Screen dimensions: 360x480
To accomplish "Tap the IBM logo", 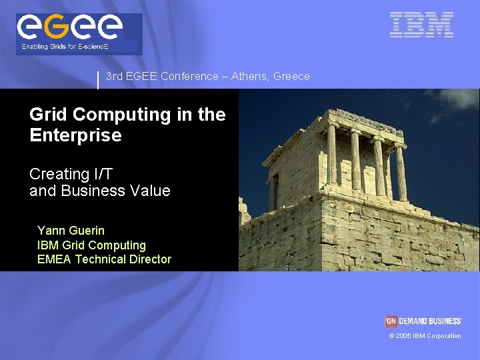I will [421, 25].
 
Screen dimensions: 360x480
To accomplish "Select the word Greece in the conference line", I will [291, 77].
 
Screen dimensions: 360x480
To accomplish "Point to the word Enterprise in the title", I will [75, 135].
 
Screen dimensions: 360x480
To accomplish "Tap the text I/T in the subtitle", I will [103, 174].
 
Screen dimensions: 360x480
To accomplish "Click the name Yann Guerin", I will [71, 231].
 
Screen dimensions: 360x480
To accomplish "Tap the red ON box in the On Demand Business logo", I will [391, 321].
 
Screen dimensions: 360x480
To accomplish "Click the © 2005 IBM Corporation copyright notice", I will [425, 336].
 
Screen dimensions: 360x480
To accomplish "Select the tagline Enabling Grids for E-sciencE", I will [65, 47].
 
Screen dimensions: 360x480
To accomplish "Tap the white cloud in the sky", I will [461, 99].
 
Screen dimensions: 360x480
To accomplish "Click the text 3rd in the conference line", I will [114, 77].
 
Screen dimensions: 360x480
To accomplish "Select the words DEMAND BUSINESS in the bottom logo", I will [430, 321].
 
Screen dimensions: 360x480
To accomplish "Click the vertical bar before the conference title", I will [98, 80].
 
